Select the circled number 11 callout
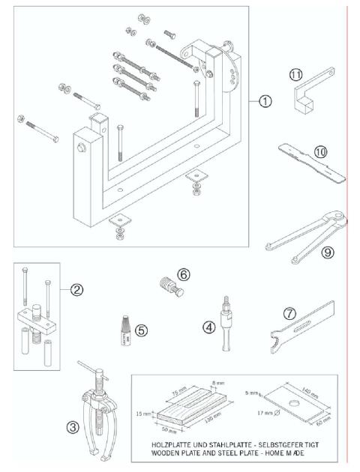click(295, 75)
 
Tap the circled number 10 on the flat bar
click(319, 151)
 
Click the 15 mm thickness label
click(143, 411)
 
